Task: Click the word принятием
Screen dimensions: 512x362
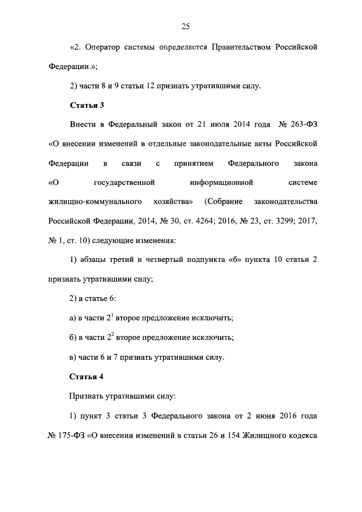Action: point(193,164)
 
